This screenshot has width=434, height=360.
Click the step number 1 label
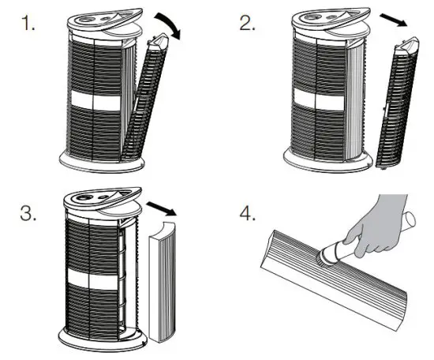pos(30,23)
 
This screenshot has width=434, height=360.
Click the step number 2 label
pos(248,23)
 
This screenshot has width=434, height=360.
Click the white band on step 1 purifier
pos(93,102)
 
